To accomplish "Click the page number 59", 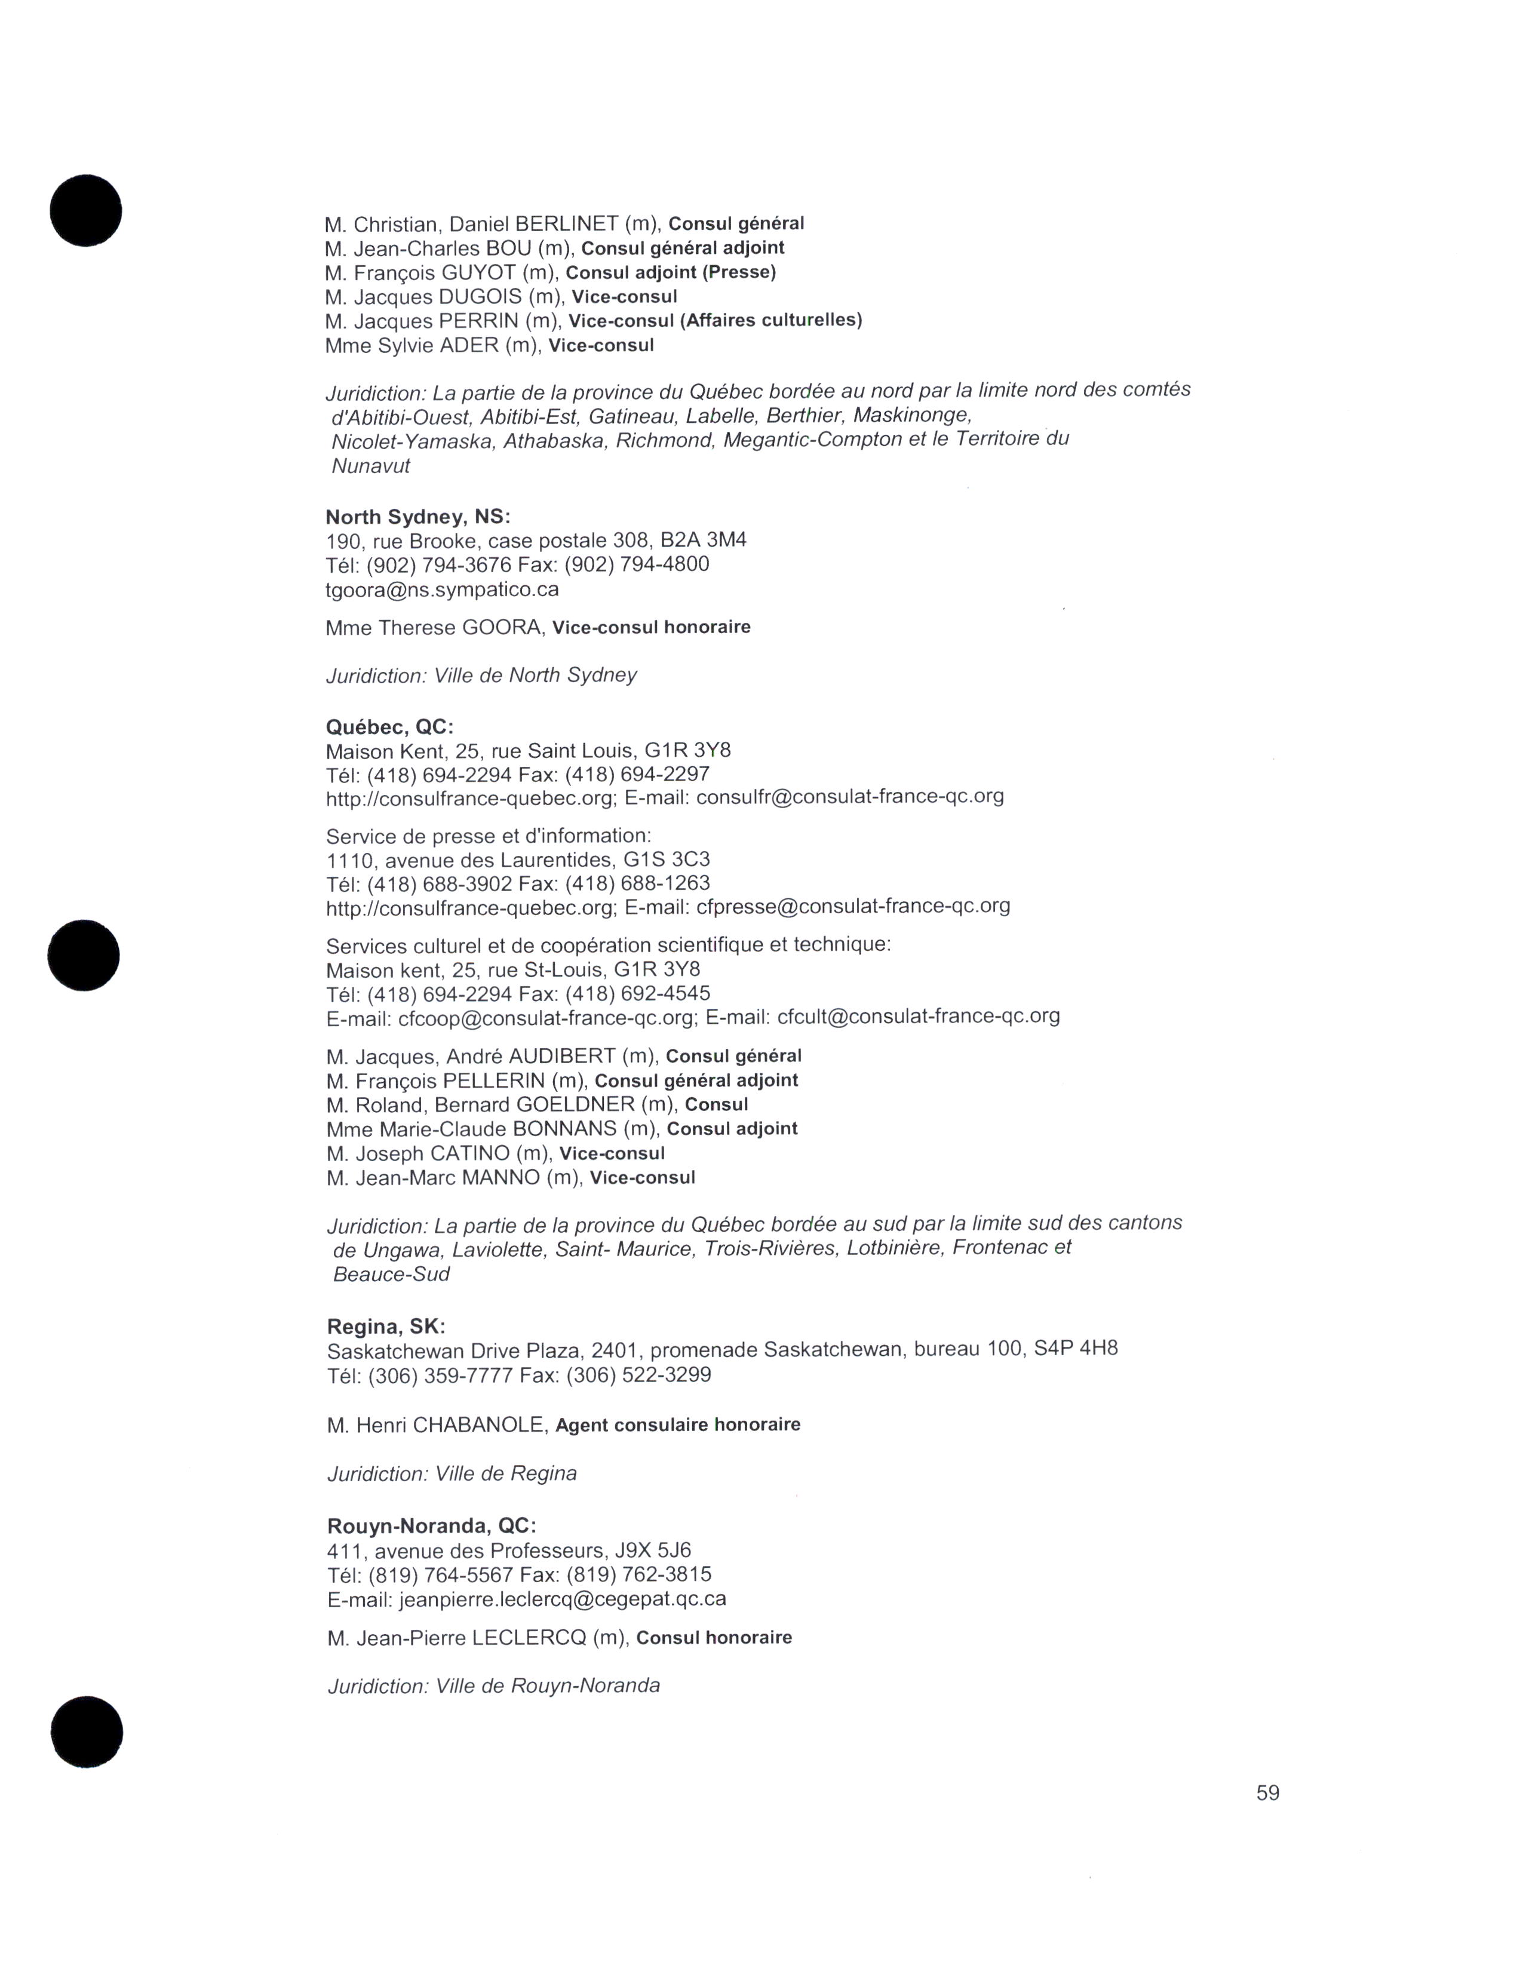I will coord(1267,1793).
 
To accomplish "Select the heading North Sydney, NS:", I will coord(417,517).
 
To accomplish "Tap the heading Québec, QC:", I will coord(390,727).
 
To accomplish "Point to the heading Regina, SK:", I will coord(386,1327).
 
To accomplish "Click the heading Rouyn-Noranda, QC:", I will coord(431,1526).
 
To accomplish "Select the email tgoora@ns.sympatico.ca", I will coord(442,590).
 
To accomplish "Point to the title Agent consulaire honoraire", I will coord(678,1425).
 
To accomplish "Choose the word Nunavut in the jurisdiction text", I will coord(371,466).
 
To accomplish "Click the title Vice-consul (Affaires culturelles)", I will coord(716,320).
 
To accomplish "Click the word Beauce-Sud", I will coord(392,1275).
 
